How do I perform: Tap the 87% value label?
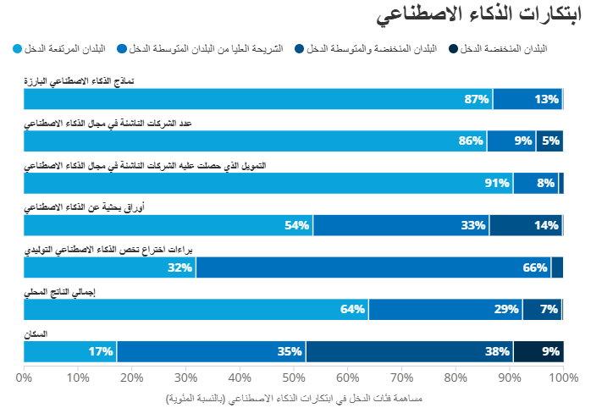(x=478, y=99)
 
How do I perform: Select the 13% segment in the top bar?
(x=527, y=99)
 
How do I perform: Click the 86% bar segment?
(x=255, y=141)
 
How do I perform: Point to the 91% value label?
(x=497, y=183)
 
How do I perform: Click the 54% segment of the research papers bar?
(x=168, y=225)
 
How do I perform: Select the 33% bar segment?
(x=401, y=225)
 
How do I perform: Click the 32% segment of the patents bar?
(x=110, y=267)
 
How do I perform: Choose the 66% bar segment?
(x=373, y=267)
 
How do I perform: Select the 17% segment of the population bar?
(x=70, y=351)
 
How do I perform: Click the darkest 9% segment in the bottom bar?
(x=538, y=351)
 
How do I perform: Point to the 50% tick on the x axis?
(x=294, y=377)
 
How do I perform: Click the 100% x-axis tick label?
(x=562, y=377)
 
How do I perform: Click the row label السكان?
(x=36, y=334)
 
